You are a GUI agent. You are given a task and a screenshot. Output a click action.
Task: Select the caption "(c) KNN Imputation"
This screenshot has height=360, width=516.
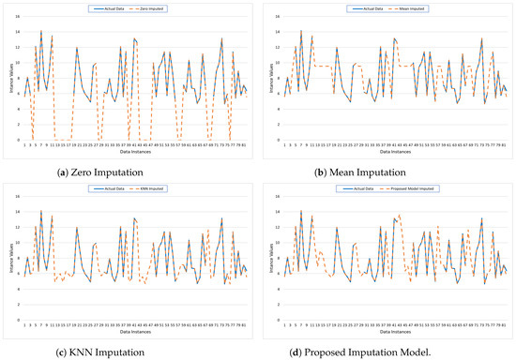(129, 351)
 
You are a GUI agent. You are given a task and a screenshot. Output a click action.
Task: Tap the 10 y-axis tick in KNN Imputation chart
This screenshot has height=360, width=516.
(18, 247)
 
